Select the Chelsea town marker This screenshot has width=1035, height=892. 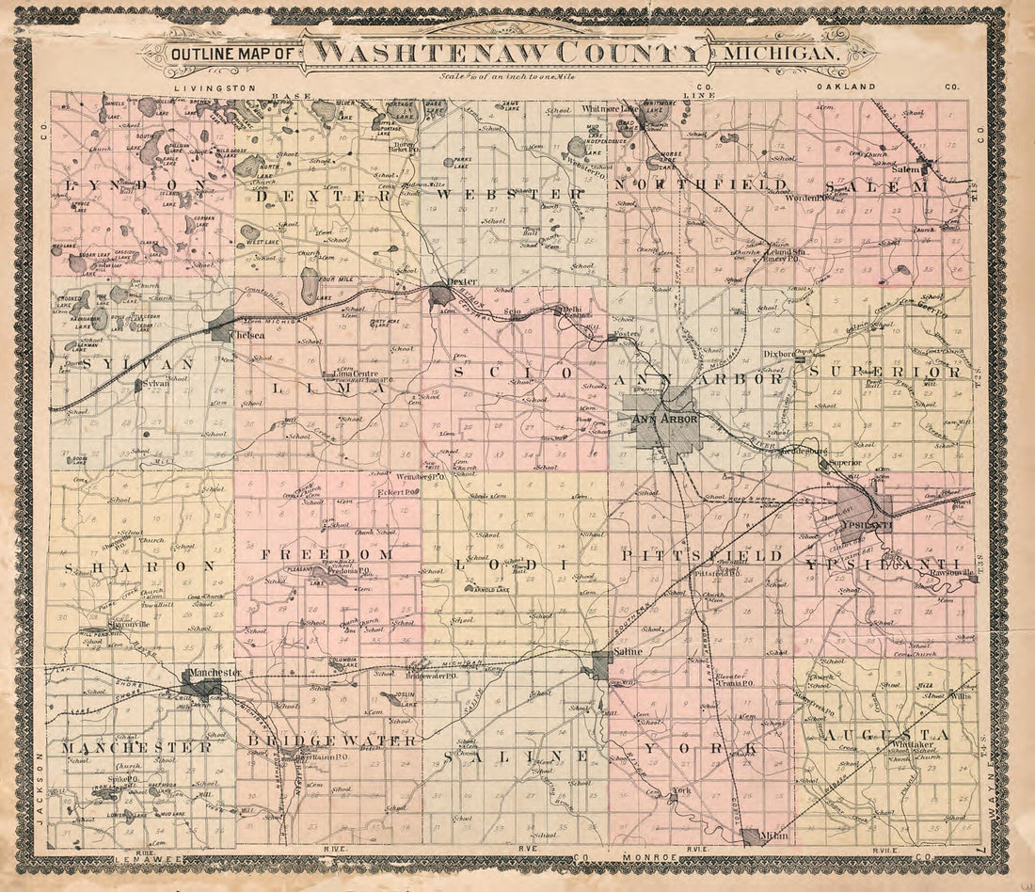(x=223, y=325)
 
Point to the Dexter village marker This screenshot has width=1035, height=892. (x=440, y=295)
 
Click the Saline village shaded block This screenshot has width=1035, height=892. (x=599, y=665)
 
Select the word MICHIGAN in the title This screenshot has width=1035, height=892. (x=780, y=54)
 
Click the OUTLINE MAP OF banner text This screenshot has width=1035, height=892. (x=231, y=55)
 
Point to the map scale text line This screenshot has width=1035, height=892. (x=507, y=76)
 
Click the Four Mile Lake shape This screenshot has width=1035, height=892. (x=310, y=284)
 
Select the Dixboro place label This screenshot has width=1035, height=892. (x=778, y=355)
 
